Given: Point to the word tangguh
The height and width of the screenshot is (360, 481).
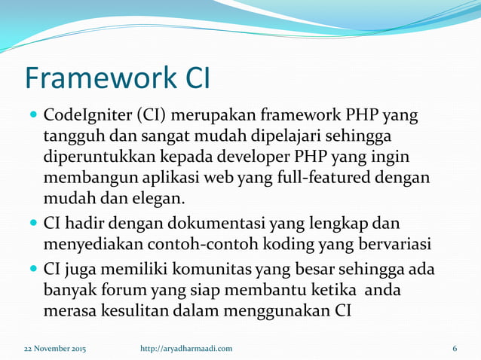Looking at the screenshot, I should click(72, 138).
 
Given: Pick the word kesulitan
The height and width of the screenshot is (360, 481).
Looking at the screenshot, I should click(136, 311).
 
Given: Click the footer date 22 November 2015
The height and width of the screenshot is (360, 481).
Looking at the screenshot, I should click(54, 348).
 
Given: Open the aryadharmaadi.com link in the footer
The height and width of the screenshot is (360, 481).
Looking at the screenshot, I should click(186, 348).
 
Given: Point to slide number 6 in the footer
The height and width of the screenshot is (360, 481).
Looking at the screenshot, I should click(455, 348).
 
